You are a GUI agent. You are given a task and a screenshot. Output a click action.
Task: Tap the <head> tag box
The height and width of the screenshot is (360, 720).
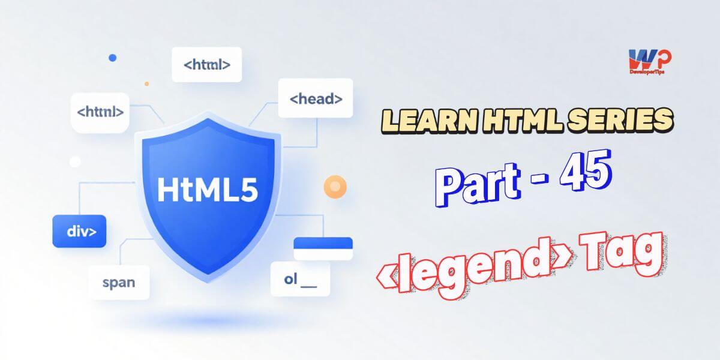click(x=316, y=100)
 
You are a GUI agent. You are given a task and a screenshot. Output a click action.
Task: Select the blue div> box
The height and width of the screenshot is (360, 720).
click(x=79, y=231)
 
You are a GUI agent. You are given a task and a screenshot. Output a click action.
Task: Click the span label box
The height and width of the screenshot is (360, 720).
click(x=119, y=282)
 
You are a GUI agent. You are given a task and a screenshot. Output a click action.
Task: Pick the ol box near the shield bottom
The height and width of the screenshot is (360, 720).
click(x=300, y=278)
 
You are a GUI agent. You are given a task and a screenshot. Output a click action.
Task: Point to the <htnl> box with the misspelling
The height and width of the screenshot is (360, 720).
click(x=100, y=112)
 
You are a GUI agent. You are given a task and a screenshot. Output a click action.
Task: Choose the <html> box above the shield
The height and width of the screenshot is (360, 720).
click(x=207, y=63)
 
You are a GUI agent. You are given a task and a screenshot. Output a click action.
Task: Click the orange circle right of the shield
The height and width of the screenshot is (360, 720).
click(x=334, y=186)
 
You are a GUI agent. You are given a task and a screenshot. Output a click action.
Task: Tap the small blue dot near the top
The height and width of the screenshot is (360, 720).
click(x=112, y=58)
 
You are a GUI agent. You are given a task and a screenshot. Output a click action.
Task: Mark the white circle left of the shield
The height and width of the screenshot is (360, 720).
click(x=75, y=161)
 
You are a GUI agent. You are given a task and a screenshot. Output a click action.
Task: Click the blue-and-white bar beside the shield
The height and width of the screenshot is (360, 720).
click(x=322, y=248)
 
